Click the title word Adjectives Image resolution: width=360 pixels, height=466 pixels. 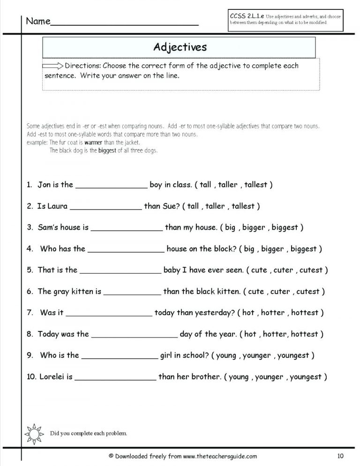[180, 47]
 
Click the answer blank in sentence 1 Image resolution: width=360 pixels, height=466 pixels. [111, 185]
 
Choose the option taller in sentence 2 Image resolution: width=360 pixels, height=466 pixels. [215, 206]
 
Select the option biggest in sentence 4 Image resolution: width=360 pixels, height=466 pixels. [303, 249]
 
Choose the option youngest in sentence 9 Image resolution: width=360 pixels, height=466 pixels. [293, 355]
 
